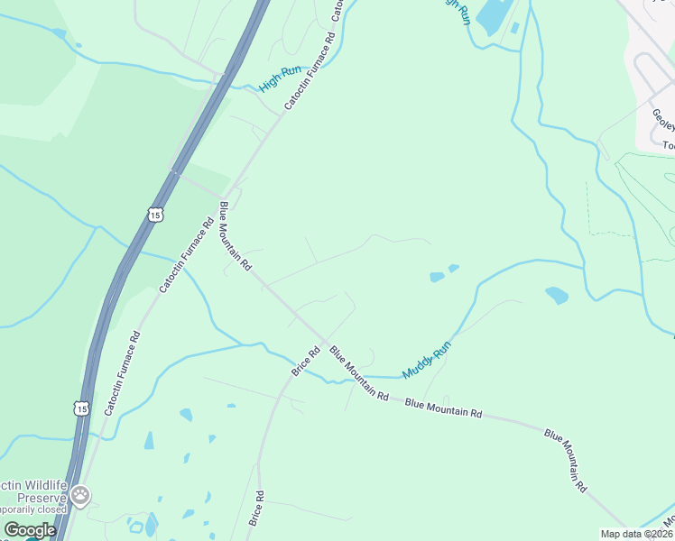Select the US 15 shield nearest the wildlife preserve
(x=82, y=408)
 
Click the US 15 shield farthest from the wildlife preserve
(x=154, y=215)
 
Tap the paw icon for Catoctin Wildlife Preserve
(x=82, y=494)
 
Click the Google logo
(x=29, y=530)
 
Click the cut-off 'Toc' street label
(x=668, y=145)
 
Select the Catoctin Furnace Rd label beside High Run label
(x=310, y=72)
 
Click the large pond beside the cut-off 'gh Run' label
(x=492, y=15)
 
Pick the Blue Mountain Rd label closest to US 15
(x=234, y=236)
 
